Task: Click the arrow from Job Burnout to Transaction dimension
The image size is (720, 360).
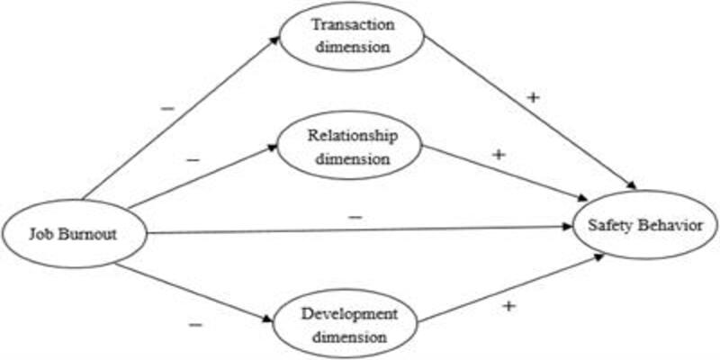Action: point(181,119)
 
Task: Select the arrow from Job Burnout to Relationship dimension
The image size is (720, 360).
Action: point(202,177)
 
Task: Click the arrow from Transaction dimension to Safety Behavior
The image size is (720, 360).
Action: point(530,113)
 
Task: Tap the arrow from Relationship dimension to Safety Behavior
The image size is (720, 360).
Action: point(505,173)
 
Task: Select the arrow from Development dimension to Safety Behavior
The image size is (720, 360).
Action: point(511,288)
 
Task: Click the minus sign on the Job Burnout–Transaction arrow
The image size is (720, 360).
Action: point(167,109)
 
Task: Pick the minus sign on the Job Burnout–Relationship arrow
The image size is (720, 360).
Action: point(193,160)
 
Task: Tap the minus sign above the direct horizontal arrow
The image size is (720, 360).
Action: point(356,216)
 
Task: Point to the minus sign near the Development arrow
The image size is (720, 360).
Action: point(194,325)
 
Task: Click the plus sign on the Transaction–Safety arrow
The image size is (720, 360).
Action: point(533,98)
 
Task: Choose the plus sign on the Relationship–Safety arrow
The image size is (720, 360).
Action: point(499,155)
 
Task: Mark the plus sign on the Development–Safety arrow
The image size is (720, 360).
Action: point(508,306)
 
